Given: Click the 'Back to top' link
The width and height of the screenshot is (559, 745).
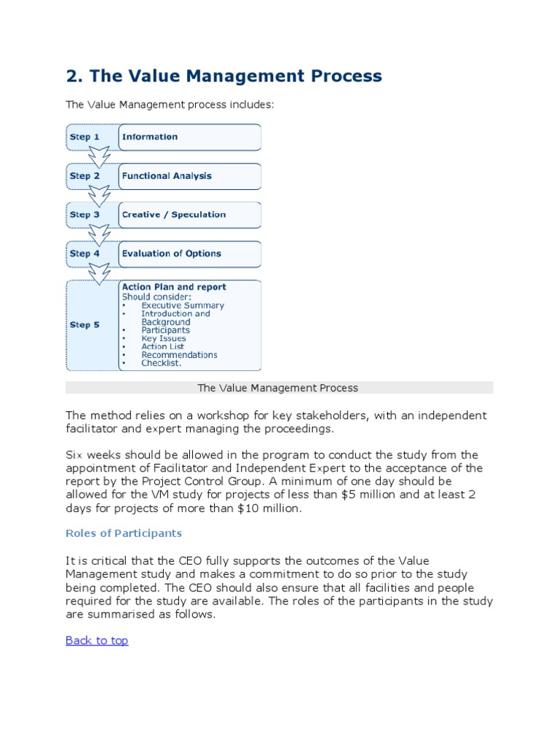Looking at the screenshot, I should click(97, 640).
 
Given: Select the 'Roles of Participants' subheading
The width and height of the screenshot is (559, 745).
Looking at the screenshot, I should click(124, 533).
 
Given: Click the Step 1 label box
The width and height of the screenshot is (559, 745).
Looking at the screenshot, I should click(84, 137).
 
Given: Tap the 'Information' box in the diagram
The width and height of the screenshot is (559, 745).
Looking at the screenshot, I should click(189, 137).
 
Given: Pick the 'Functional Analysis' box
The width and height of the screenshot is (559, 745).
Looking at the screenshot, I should click(189, 176).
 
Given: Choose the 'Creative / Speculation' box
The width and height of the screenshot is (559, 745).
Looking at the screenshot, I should click(189, 215).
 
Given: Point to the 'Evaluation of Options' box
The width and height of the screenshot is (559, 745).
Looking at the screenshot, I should click(189, 254).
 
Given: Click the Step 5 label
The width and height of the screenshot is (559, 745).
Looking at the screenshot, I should click(84, 325).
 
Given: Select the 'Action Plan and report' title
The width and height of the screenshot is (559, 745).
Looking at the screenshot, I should click(174, 287).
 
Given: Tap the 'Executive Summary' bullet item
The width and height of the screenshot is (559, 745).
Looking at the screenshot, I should click(183, 306).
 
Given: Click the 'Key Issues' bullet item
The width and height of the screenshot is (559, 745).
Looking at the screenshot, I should click(164, 338).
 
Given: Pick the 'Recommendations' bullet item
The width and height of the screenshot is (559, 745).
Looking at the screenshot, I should click(179, 355).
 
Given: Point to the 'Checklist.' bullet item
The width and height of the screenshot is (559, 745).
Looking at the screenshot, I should click(162, 363).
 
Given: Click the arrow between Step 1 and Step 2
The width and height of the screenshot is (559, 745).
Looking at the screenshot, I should click(98, 156).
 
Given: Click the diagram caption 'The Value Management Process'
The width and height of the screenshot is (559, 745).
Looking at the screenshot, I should click(278, 388).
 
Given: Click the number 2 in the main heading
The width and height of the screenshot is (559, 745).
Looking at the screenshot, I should click(71, 76).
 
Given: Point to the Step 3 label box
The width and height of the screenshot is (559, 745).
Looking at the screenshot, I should click(84, 215).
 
